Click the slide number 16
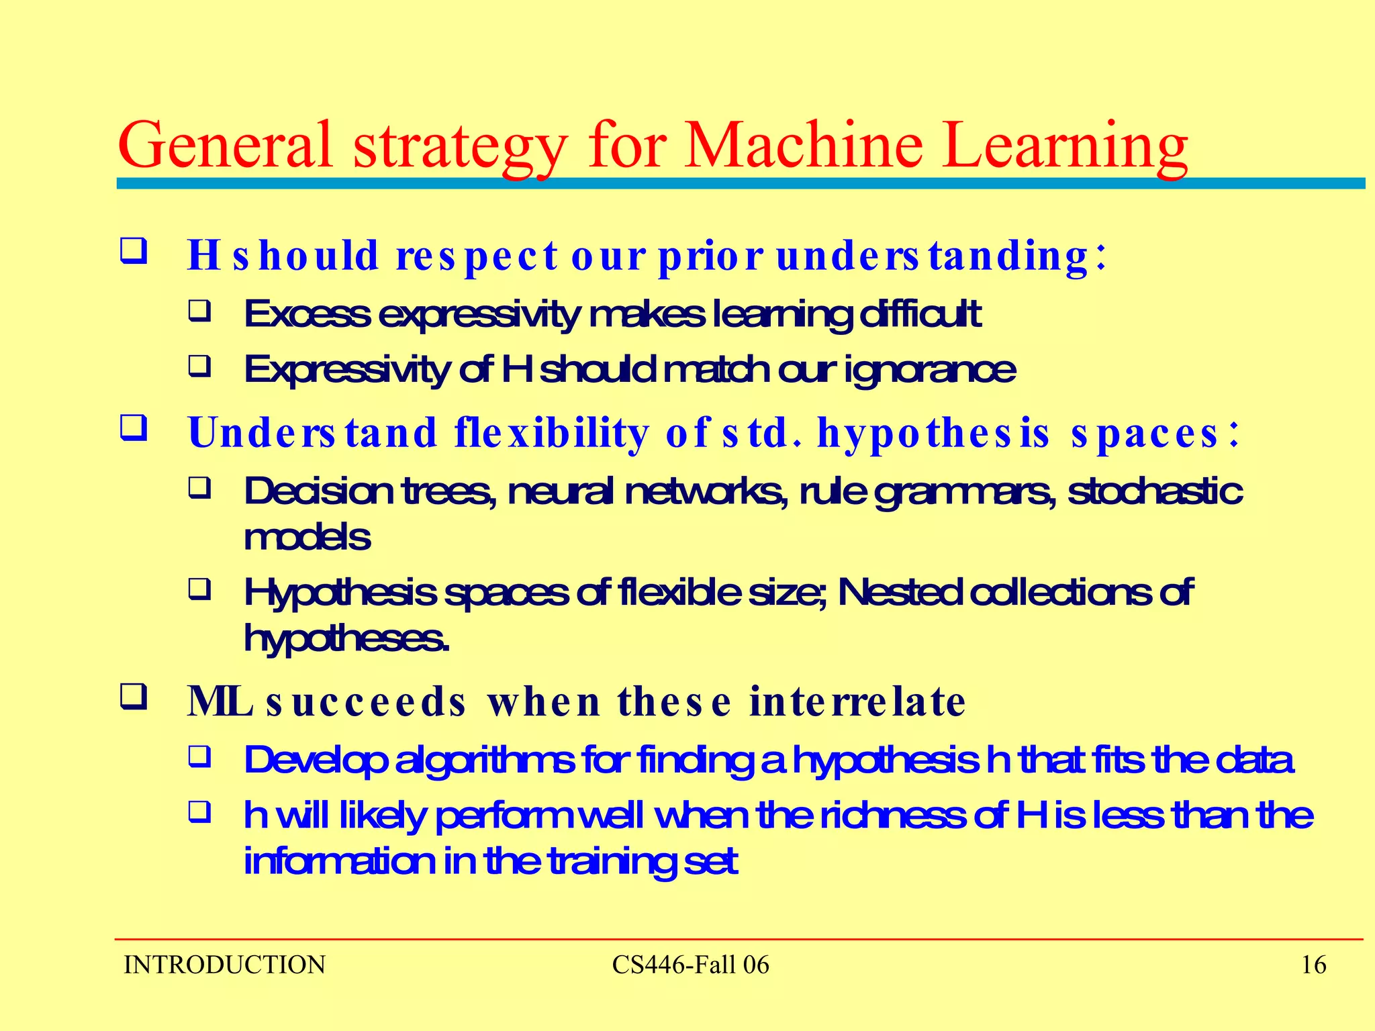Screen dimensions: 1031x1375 coord(1313,965)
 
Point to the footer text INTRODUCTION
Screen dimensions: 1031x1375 coord(224,965)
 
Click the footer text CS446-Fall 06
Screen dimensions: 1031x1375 coord(690,965)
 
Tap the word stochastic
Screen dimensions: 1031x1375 coord(1155,491)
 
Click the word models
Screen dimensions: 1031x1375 coord(307,538)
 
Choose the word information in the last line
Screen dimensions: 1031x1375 coord(339,862)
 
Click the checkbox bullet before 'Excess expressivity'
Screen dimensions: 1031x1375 coord(199,311)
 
